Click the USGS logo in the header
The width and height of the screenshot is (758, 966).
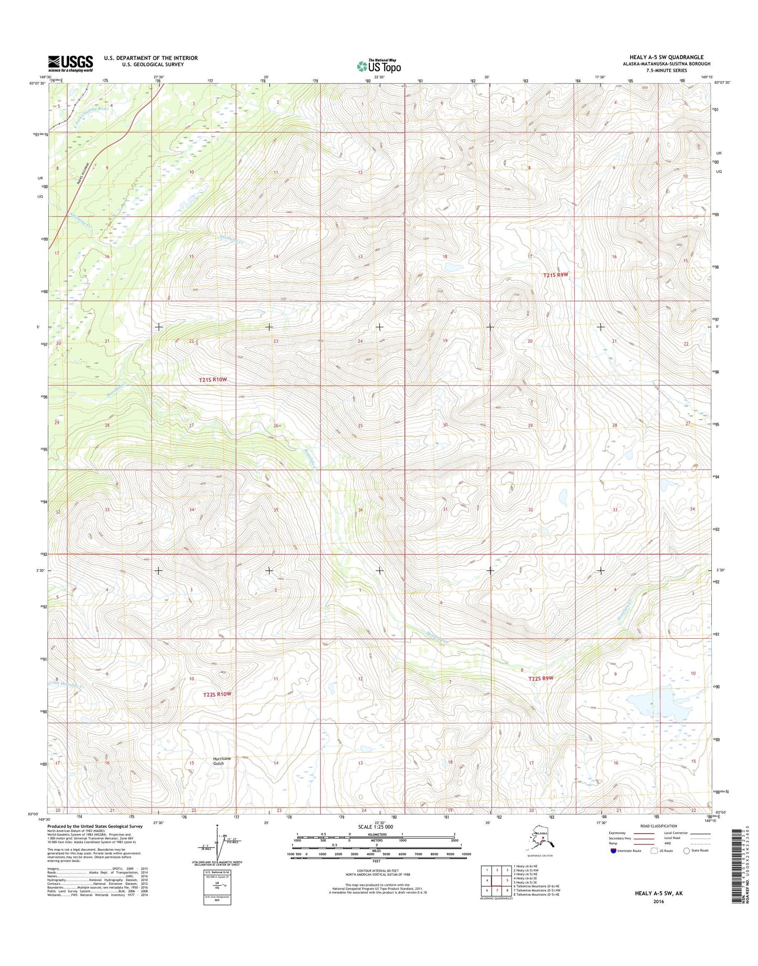tap(70, 63)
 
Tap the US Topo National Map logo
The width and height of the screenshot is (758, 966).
tap(379, 66)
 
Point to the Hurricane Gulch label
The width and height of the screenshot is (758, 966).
tap(221, 761)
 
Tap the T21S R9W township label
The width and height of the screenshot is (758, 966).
tap(556, 274)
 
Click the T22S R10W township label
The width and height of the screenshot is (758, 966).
tap(217, 694)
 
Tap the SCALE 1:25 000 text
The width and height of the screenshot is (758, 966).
tap(375, 827)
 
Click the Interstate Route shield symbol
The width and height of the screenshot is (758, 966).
tap(614, 851)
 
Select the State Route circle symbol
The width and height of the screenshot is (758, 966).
tap(686, 851)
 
